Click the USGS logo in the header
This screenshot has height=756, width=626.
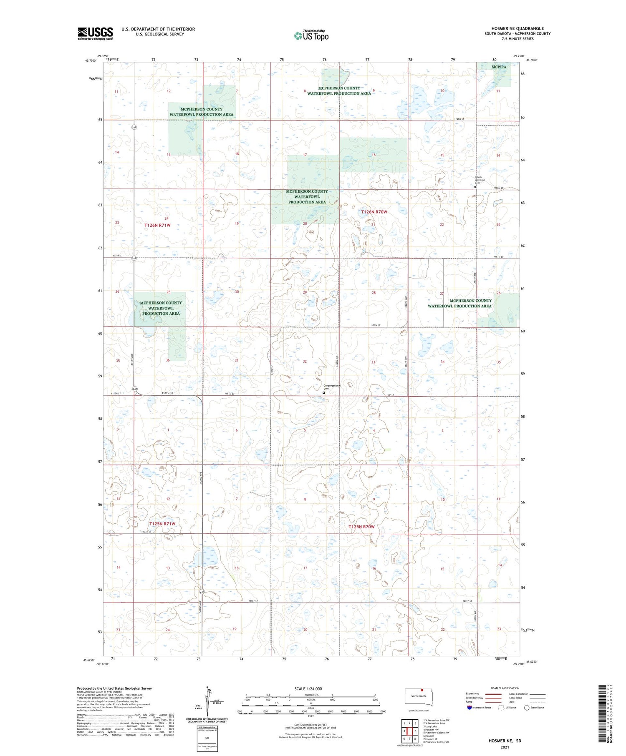click(x=95, y=33)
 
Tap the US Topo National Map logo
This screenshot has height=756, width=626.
click(x=311, y=35)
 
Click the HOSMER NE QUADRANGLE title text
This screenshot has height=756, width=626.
click(x=517, y=28)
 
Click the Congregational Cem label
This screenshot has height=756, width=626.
click(x=332, y=387)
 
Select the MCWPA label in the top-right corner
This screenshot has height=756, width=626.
click(x=499, y=67)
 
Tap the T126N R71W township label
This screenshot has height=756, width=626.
click(x=157, y=225)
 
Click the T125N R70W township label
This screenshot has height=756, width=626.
click(x=361, y=527)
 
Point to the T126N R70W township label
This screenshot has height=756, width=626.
click(x=374, y=212)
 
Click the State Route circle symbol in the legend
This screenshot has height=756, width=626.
click(x=527, y=708)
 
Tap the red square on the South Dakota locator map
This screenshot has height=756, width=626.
click(x=422, y=690)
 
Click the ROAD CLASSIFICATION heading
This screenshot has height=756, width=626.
click(x=505, y=688)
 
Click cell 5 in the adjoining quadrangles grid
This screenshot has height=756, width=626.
click(x=416, y=731)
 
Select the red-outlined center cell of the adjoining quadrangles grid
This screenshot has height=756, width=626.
click(x=410, y=731)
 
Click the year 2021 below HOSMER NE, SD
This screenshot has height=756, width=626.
click(x=505, y=747)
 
